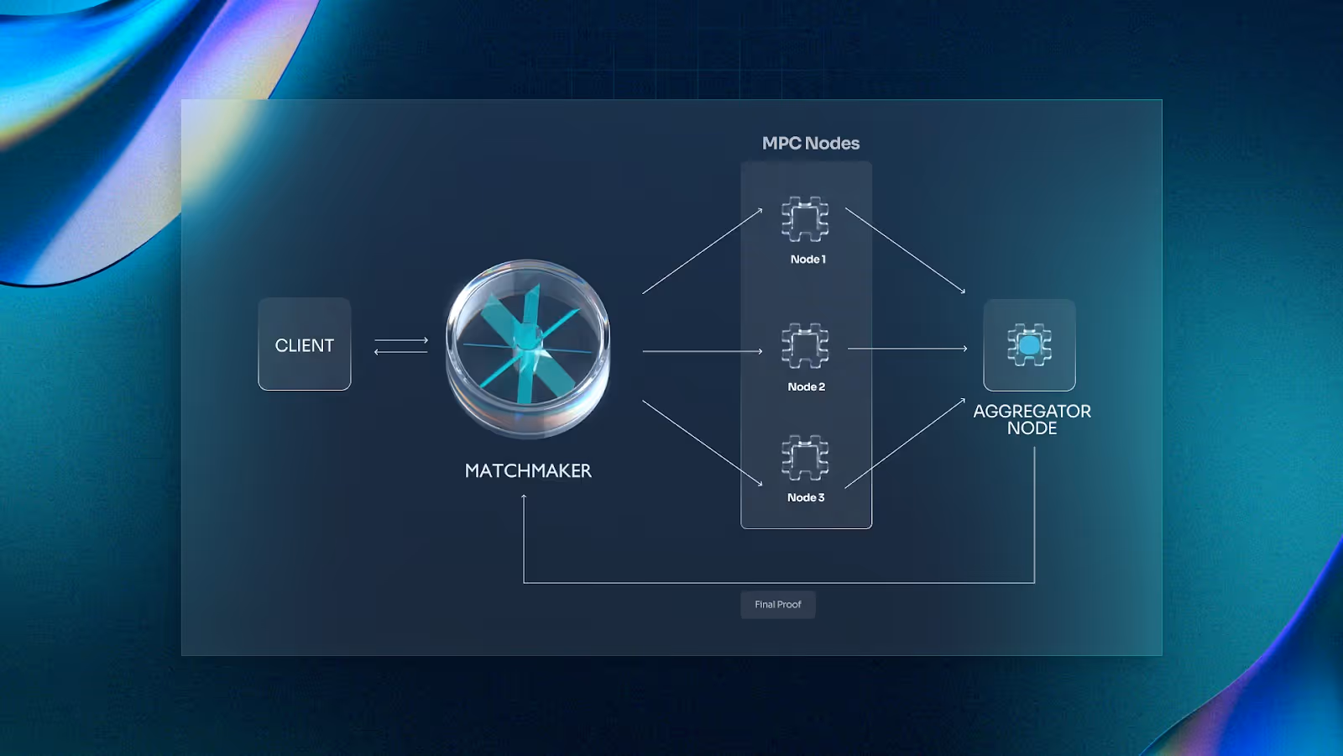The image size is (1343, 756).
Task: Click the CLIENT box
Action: click(305, 344)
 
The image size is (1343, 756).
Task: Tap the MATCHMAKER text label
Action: click(528, 471)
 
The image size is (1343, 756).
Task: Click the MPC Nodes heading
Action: click(811, 144)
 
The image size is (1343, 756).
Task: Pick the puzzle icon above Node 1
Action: click(805, 219)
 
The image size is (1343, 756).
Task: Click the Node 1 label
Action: click(807, 260)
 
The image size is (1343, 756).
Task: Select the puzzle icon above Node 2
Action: click(805, 346)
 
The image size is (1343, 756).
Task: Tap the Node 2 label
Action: click(806, 387)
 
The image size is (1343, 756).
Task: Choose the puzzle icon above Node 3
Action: click(805, 458)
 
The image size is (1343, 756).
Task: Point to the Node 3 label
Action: click(806, 498)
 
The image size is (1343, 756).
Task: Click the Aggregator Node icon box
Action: click(1029, 345)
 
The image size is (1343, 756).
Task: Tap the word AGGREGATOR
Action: click(1032, 411)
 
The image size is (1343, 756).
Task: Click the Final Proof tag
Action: click(778, 605)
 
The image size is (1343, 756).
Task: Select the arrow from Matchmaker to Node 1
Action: click(703, 251)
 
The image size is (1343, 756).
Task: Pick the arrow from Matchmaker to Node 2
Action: click(703, 351)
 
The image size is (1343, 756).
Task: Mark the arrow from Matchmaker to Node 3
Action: click(703, 443)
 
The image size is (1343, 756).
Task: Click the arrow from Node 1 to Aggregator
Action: click(905, 249)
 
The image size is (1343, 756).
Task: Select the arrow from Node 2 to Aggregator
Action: click(907, 349)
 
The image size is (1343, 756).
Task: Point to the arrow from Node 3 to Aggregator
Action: click(905, 444)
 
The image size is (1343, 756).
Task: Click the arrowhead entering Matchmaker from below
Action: click(524, 497)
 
